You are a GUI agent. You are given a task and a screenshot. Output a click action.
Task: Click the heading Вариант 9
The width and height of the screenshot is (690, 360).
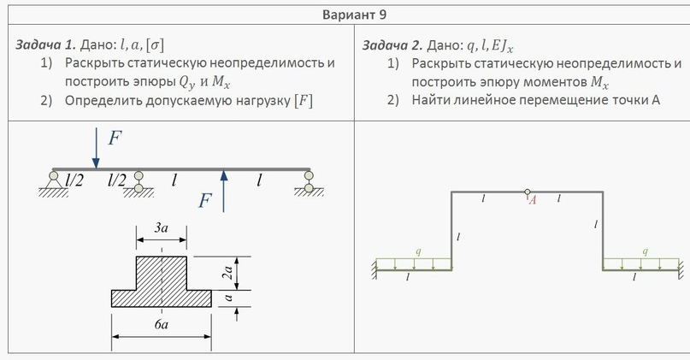(x=345, y=15)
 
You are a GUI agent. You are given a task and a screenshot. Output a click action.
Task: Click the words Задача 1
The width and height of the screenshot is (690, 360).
(x=44, y=44)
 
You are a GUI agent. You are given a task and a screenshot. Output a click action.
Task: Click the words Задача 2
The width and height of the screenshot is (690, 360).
(x=390, y=44)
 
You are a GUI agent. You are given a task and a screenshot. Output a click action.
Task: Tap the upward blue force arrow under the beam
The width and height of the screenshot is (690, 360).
(x=224, y=189)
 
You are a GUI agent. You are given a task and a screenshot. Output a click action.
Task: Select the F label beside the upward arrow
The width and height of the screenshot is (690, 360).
(x=205, y=201)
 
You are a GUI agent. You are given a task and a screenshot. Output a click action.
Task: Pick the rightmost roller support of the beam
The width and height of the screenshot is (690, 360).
(x=309, y=180)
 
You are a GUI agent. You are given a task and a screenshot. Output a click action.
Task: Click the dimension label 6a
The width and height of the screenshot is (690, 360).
(x=161, y=325)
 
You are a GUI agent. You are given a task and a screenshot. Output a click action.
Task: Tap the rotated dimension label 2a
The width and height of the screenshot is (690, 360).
(x=228, y=274)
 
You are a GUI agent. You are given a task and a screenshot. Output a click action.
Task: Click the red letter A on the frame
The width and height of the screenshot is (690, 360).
(x=533, y=201)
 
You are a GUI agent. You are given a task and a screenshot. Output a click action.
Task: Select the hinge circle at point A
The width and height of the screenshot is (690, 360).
(x=528, y=192)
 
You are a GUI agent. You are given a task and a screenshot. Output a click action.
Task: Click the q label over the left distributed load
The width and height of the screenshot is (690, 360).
(x=417, y=252)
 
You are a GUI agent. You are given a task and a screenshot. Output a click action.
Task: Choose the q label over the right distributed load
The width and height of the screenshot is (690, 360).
(x=646, y=252)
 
